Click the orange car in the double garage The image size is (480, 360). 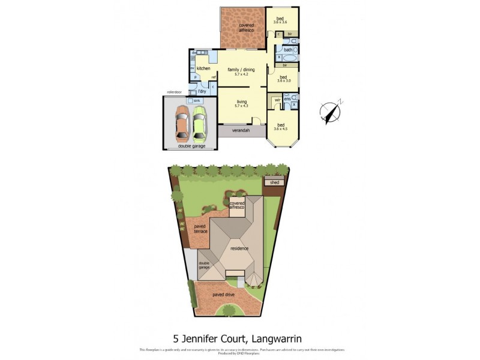[x=181, y=124]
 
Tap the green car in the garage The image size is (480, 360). [x=200, y=123]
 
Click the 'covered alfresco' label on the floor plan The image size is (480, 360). [x=242, y=27]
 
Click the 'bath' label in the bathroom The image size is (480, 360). [x=289, y=50]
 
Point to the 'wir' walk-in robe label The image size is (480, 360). [x=278, y=100]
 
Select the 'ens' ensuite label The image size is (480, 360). [x=287, y=98]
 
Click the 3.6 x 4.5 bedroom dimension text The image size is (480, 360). [x=281, y=128]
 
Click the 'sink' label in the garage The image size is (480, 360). [x=197, y=101]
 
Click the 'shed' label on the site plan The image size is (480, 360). [x=275, y=182]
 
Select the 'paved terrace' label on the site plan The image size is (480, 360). [x=200, y=229]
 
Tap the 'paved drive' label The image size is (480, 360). [x=221, y=295]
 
